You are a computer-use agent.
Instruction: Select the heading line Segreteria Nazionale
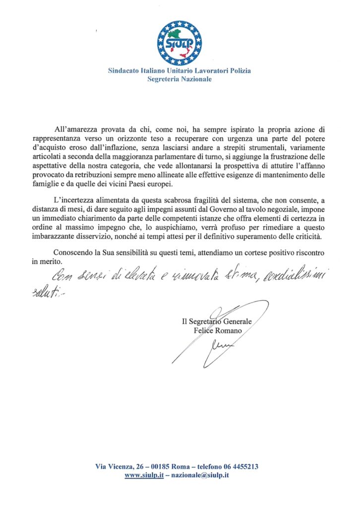pyautogui.click(x=180, y=79)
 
